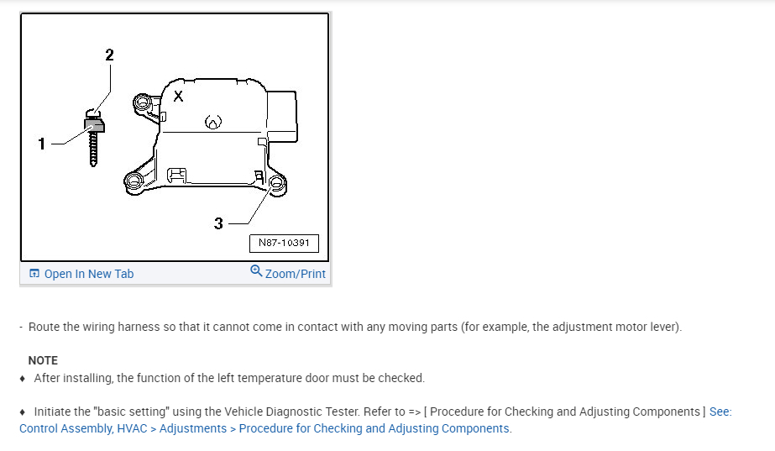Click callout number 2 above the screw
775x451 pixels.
point(109,55)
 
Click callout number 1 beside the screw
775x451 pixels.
point(41,144)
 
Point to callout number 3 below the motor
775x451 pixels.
point(218,223)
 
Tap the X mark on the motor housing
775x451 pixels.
point(179,96)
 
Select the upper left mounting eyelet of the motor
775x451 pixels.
point(143,103)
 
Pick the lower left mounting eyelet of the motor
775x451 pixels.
point(134,181)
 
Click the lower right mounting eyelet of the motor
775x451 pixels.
point(277,184)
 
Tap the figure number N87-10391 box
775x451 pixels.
point(284,243)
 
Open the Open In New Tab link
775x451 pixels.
point(81,274)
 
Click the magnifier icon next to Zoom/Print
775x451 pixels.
point(256,271)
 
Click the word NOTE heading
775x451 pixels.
point(43,360)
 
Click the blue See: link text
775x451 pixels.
point(720,412)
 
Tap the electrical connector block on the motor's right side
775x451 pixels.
point(282,116)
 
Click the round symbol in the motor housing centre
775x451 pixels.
point(213,122)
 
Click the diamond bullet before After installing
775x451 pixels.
point(22,379)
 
